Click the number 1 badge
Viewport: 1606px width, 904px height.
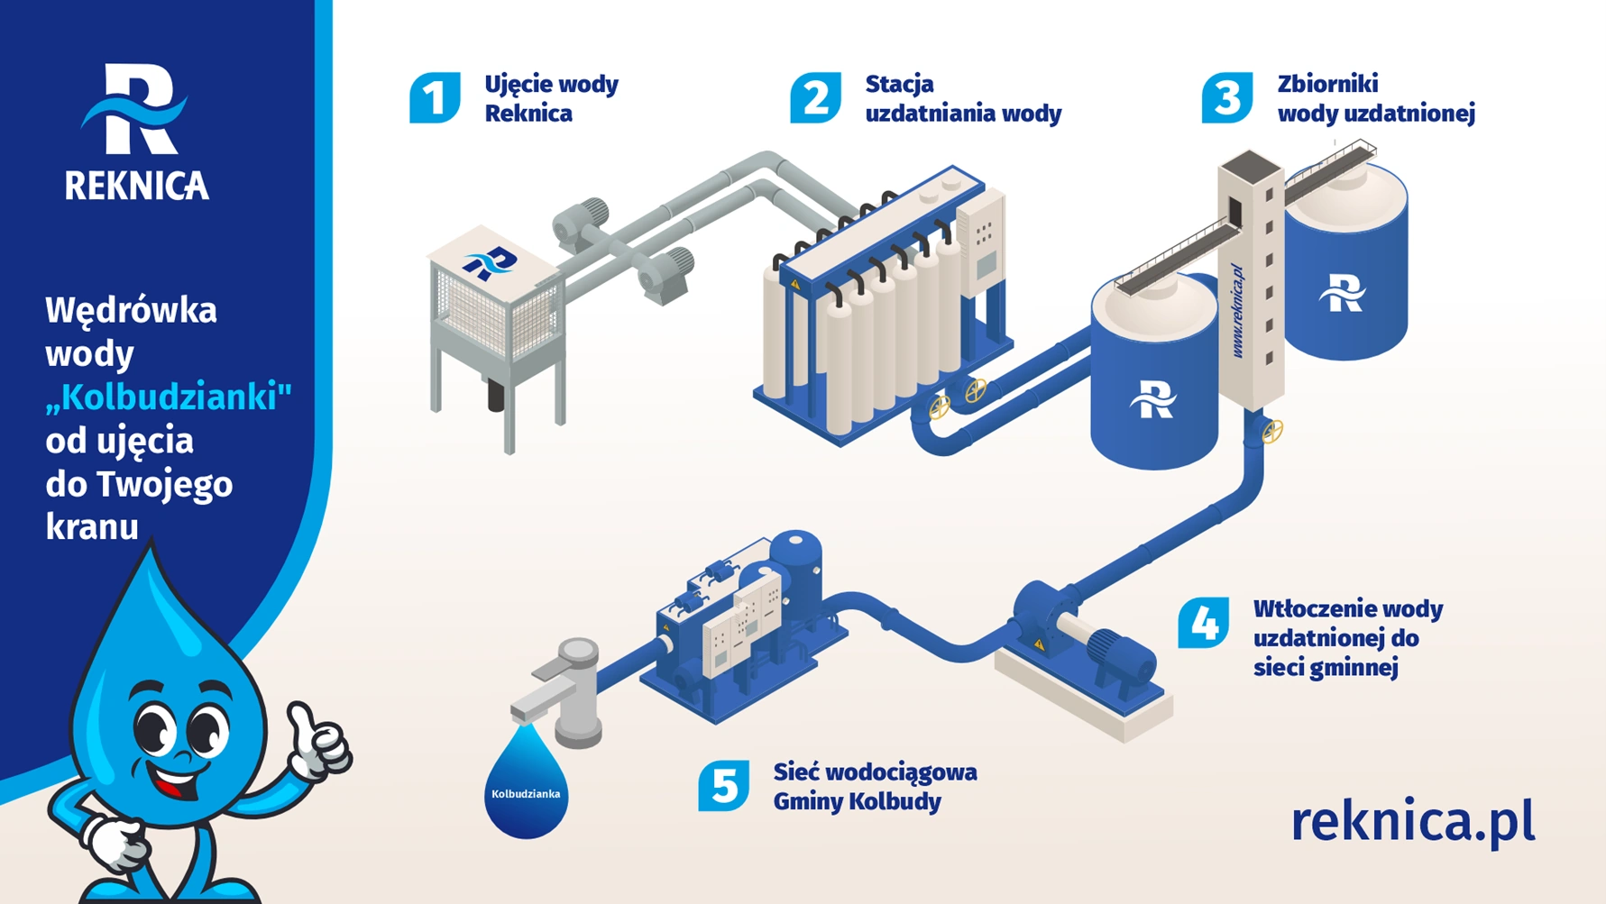[x=435, y=97]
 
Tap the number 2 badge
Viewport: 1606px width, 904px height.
[x=815, y=97]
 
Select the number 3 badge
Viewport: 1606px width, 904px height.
[x=1226, y=97]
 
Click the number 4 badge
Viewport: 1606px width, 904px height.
[x=1203, y=622]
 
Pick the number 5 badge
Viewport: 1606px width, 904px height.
[x=723, y=785]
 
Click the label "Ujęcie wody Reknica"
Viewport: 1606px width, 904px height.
[x=551, y=98]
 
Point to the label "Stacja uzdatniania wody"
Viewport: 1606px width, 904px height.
[x=962, y=98]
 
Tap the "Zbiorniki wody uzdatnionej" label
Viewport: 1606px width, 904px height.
[x=1375, y=98]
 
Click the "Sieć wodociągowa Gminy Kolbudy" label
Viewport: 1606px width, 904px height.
[x=875, y=786]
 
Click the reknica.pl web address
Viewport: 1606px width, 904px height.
[x=1412, y=822]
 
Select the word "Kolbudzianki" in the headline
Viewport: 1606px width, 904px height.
[x=169, y=397]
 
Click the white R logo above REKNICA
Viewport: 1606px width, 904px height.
[x=136, y=109]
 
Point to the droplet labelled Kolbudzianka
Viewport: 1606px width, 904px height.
[x=526, y=785]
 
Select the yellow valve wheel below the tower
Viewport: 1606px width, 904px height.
[x=1272, y=431]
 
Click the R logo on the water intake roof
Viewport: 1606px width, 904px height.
[x=489, y=262]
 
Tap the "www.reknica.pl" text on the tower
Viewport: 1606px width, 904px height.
[x=1236, y=311]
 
